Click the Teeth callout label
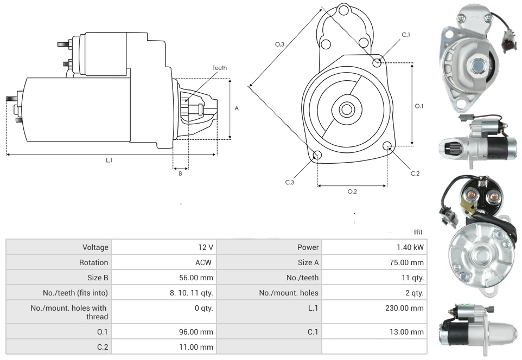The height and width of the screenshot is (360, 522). point(219,68)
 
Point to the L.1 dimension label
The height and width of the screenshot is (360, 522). point(109,160)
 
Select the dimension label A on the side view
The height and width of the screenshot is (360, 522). point(237,108)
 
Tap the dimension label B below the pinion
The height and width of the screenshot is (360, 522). point(180,173)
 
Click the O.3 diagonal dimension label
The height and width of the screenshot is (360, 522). point(279,44)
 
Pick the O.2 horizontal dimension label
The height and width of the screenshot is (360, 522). point(352,191)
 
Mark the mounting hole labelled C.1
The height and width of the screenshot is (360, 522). point(377,62)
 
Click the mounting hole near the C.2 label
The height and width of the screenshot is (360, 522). point(387,146)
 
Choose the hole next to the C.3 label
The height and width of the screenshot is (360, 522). point(317,156)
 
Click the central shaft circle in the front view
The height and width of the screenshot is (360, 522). point(346,110)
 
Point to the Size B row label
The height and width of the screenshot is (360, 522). point(94,278)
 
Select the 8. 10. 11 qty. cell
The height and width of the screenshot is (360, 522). point(190,293)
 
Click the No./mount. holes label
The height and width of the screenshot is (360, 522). point(289,293)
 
